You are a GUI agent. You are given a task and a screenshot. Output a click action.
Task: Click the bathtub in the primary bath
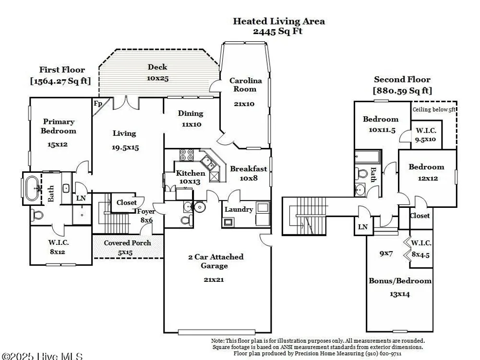click(x=32, y=188)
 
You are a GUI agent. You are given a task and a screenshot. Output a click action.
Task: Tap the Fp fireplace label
click(x=98, y=103)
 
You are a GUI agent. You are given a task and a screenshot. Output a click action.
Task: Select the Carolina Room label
click(x=245, y=85)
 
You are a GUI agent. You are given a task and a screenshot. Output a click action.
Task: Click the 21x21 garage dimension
click(x=214, y=279)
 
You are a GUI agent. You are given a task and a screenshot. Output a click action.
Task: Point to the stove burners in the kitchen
click(x=186, y=155)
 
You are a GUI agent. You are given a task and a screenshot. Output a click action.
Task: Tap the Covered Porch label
click(x=127, y=243)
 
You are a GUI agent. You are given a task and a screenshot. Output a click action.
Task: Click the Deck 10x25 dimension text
click(x=157, y=78)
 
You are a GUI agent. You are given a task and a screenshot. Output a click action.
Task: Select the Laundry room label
click(x=239, y=210)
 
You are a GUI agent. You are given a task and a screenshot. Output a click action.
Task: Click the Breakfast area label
click(x=248, y=168)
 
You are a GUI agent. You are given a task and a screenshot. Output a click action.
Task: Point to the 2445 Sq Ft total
click(x=277, y=31)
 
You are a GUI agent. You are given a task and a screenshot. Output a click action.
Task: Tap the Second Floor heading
click(x=402, y=80)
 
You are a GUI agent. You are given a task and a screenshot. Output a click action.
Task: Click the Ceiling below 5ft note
click(x=434, y=109)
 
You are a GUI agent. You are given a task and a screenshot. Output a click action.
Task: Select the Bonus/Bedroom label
click(x=400, y=281)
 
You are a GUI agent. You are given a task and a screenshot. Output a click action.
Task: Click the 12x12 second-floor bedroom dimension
click(x=428, y=179)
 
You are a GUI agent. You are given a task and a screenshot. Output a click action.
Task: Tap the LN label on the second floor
click(x=363, y=227)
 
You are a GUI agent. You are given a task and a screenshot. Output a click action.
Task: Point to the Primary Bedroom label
click(x=58, y=126)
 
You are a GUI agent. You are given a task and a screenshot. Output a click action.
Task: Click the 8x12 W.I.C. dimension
click(x=58, y=252)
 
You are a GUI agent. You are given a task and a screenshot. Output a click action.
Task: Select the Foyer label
click(x=146, y=212)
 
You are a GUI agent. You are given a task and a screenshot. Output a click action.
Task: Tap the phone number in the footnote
click(x=384, y=354)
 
